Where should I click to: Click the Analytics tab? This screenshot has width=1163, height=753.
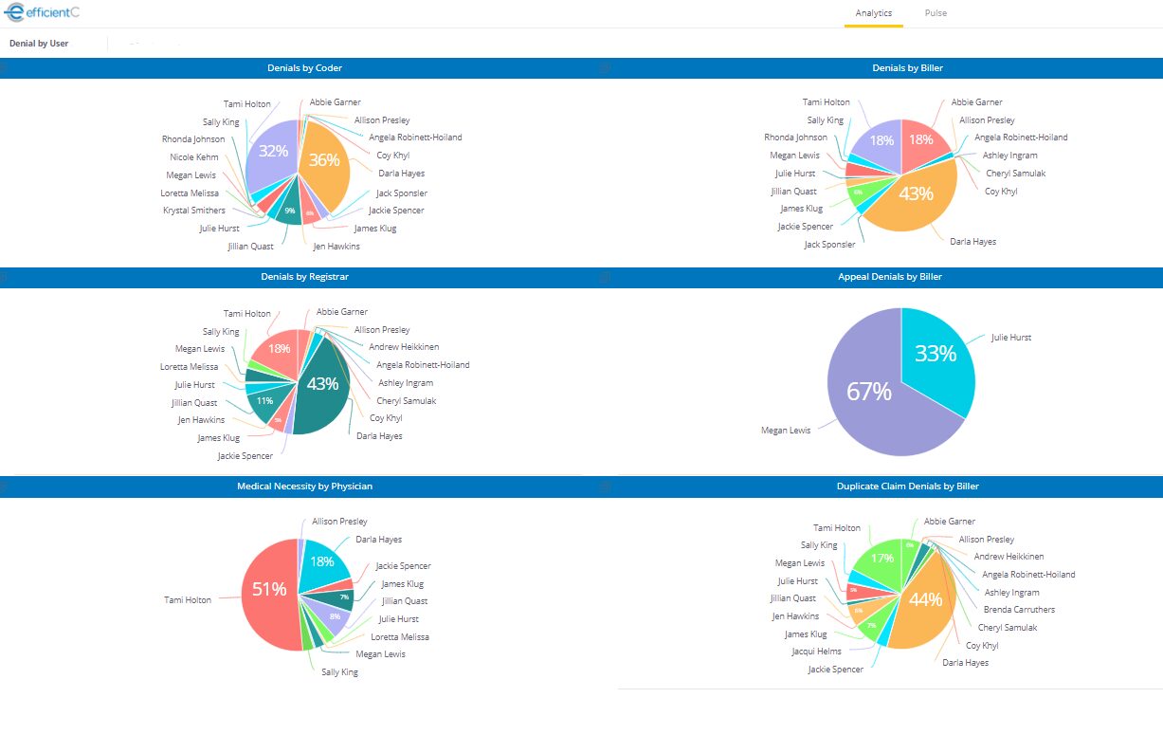coord(873,13)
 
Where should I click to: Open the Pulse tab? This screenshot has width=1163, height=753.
coord(936,13)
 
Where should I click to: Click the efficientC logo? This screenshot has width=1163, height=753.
coord(42,12)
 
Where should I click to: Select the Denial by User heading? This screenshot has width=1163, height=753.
coord(39,44)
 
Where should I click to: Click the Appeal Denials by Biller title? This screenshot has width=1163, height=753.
coord(889,277)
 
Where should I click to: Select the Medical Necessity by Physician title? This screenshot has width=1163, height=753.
coord(304,486)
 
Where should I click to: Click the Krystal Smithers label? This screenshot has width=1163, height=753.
coord(194,211)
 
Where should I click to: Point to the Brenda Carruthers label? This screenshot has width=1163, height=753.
coord(1019,610)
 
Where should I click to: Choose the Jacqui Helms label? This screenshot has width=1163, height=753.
coord(816,652)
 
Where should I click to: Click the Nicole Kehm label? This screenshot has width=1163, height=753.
coord(194,157)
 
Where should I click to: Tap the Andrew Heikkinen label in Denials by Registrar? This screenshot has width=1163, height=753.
coord(404,347)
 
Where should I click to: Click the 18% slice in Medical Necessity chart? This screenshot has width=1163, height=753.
coord(322,564)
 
